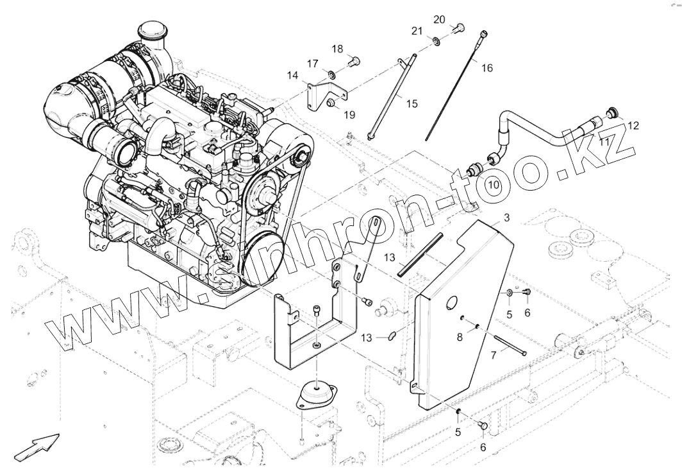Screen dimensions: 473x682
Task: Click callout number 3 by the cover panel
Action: point(506,218)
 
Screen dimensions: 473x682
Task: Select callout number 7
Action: point(493,355)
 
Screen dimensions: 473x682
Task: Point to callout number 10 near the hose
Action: point(492,184)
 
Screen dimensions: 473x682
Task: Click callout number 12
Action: point(633,126)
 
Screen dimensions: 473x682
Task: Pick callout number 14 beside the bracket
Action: point(292,76)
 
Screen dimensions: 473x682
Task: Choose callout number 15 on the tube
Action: point(412,103)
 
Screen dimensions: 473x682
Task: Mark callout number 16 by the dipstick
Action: point(487,67)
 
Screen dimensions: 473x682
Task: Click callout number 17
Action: point(312,64)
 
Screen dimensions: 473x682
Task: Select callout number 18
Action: point(337,49)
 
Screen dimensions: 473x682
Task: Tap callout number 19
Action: point(349,115)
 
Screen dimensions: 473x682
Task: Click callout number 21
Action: point(417,31)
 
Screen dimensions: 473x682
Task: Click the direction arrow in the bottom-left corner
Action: point(37,445)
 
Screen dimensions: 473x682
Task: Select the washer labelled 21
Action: point(436,42)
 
